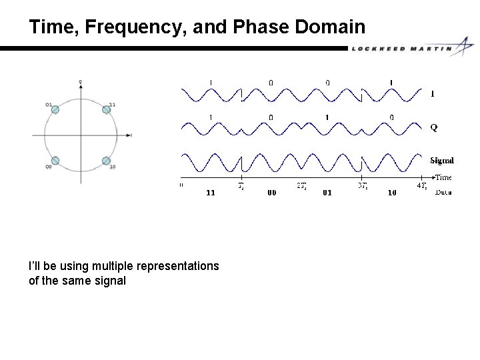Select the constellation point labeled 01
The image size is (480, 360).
point(55,109)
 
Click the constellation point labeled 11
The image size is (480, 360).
point(105,109)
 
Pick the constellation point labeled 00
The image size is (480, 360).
point(55,160)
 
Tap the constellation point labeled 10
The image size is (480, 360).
point(105,160)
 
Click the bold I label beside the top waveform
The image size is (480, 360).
point(432,94)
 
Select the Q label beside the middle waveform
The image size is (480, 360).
point(433,127)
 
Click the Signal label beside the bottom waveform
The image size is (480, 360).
point(441,160)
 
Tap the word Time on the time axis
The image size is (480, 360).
point(443,177)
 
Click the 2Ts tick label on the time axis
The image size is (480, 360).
point(302,186)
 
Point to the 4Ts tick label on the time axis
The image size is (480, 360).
point(421,186)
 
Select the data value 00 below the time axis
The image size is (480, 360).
point(271,193)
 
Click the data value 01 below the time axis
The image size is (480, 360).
point(328,193)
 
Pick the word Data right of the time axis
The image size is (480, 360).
point(443,192)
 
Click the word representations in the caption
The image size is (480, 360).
point(177,266)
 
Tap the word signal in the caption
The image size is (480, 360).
point(110,281)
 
